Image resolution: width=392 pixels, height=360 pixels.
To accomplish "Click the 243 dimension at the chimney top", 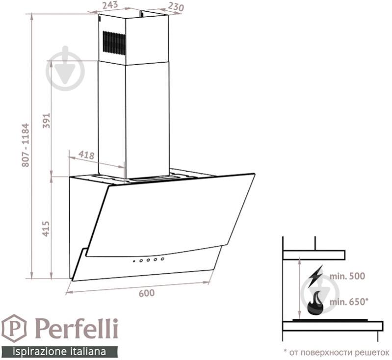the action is click(x=110, y=5).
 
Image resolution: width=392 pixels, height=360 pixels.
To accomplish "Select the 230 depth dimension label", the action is click(x=176, y=7).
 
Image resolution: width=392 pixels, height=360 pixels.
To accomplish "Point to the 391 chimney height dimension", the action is click(x=47, y=121).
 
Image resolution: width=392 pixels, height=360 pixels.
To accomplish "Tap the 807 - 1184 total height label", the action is click(x=26, y=145).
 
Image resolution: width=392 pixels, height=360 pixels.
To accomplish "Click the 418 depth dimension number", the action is click(x=86, y=155).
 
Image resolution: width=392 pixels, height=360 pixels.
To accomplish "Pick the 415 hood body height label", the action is click(x=46, y=229).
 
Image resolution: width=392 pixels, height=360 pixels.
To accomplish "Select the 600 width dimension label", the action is click(x=147, y=293).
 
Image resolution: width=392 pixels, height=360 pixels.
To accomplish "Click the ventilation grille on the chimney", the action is click(x=114, y=43).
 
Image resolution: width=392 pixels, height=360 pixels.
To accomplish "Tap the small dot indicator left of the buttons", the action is click(x=134, y=261).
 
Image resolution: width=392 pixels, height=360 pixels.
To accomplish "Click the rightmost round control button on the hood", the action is click(x=162, y=259).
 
